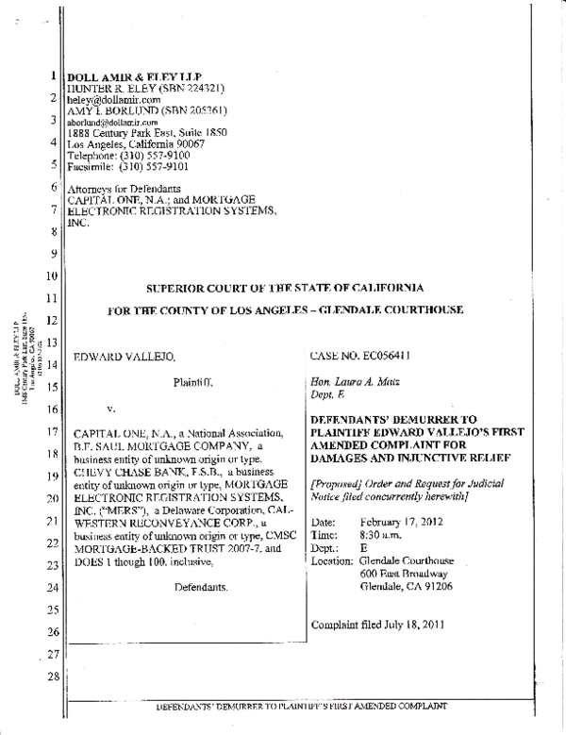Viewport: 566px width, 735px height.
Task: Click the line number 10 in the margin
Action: point(53,276)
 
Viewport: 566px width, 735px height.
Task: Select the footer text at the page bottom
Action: point(289,706)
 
